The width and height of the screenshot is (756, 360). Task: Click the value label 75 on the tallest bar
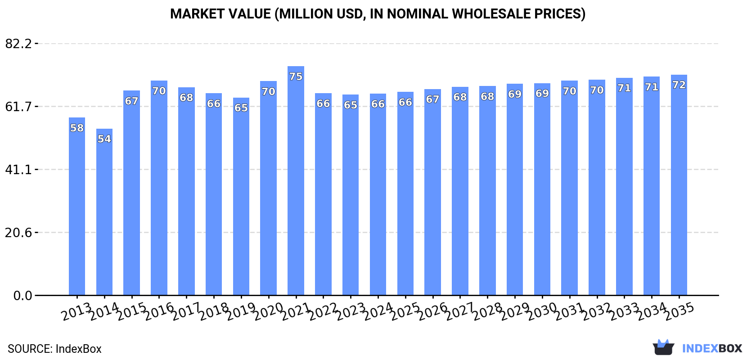coord(296,76)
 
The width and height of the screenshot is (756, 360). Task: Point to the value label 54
coord(104,139)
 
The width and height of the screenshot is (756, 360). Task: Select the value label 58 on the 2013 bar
coord(77,128)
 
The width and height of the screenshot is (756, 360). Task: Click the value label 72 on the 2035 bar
coord(679,85)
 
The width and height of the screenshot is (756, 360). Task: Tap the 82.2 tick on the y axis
coord(18,44)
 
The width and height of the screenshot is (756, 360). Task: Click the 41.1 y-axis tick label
coord(18,170)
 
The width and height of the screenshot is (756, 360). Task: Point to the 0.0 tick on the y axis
coord(22,296)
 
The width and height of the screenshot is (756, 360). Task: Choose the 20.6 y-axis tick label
coord(18,233)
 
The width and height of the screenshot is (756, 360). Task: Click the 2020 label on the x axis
coord(268,311)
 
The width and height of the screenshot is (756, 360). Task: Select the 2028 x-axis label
coord(487,311)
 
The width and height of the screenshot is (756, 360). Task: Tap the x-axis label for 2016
coord(159,311)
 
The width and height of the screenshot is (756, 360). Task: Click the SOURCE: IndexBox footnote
coord(54,349)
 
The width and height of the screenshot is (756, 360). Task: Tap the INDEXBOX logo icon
coord(663,347)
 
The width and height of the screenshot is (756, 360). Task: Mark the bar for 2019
coord(241,198)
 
